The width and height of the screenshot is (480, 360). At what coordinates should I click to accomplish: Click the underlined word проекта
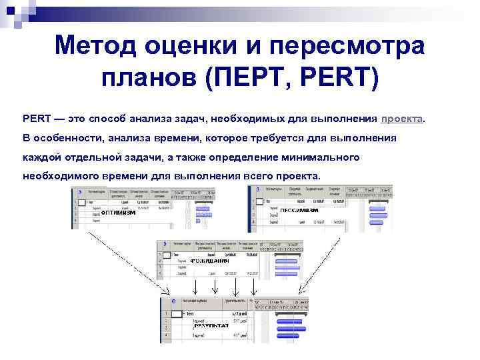pyautogui.click(x=401, y=119)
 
